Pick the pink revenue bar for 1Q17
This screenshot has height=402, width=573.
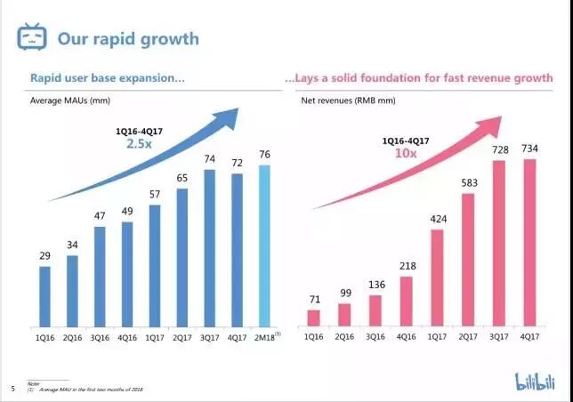point(438,277)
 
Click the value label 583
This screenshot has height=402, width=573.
point(468,183)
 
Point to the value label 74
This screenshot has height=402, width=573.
point(209,159)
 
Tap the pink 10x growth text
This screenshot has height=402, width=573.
point(405,152)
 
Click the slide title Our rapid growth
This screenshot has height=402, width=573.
point(128,39)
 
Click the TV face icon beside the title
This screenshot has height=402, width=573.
point(33,37)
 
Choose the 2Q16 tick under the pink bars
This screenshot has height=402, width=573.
point(344,337)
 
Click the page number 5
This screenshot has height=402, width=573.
point(12,389)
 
